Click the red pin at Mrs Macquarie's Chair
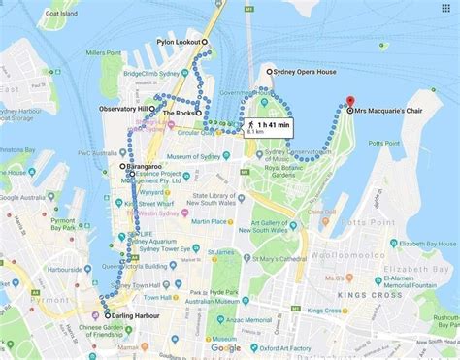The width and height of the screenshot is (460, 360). pos(349,101)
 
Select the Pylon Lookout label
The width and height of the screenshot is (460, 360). pos(178,42)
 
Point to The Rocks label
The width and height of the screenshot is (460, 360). pos(179,114)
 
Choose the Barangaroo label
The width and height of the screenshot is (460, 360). pos(144,167)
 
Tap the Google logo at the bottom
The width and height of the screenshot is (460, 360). pos(225,347)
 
